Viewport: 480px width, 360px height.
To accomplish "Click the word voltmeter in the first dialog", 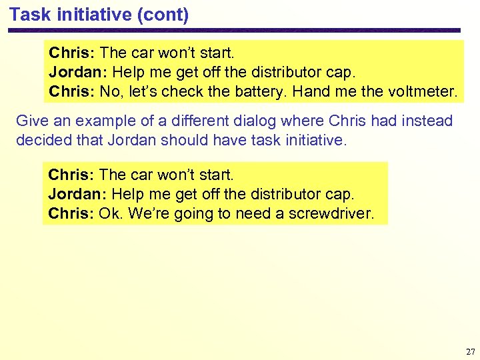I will click(x=425, y=91).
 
